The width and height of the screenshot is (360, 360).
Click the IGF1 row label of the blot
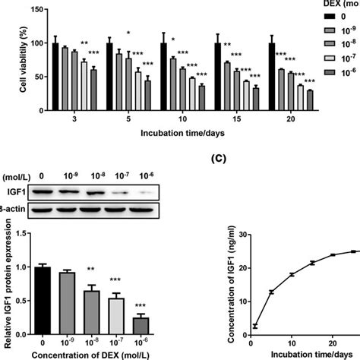pyautogui.click(x=11, y=194)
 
